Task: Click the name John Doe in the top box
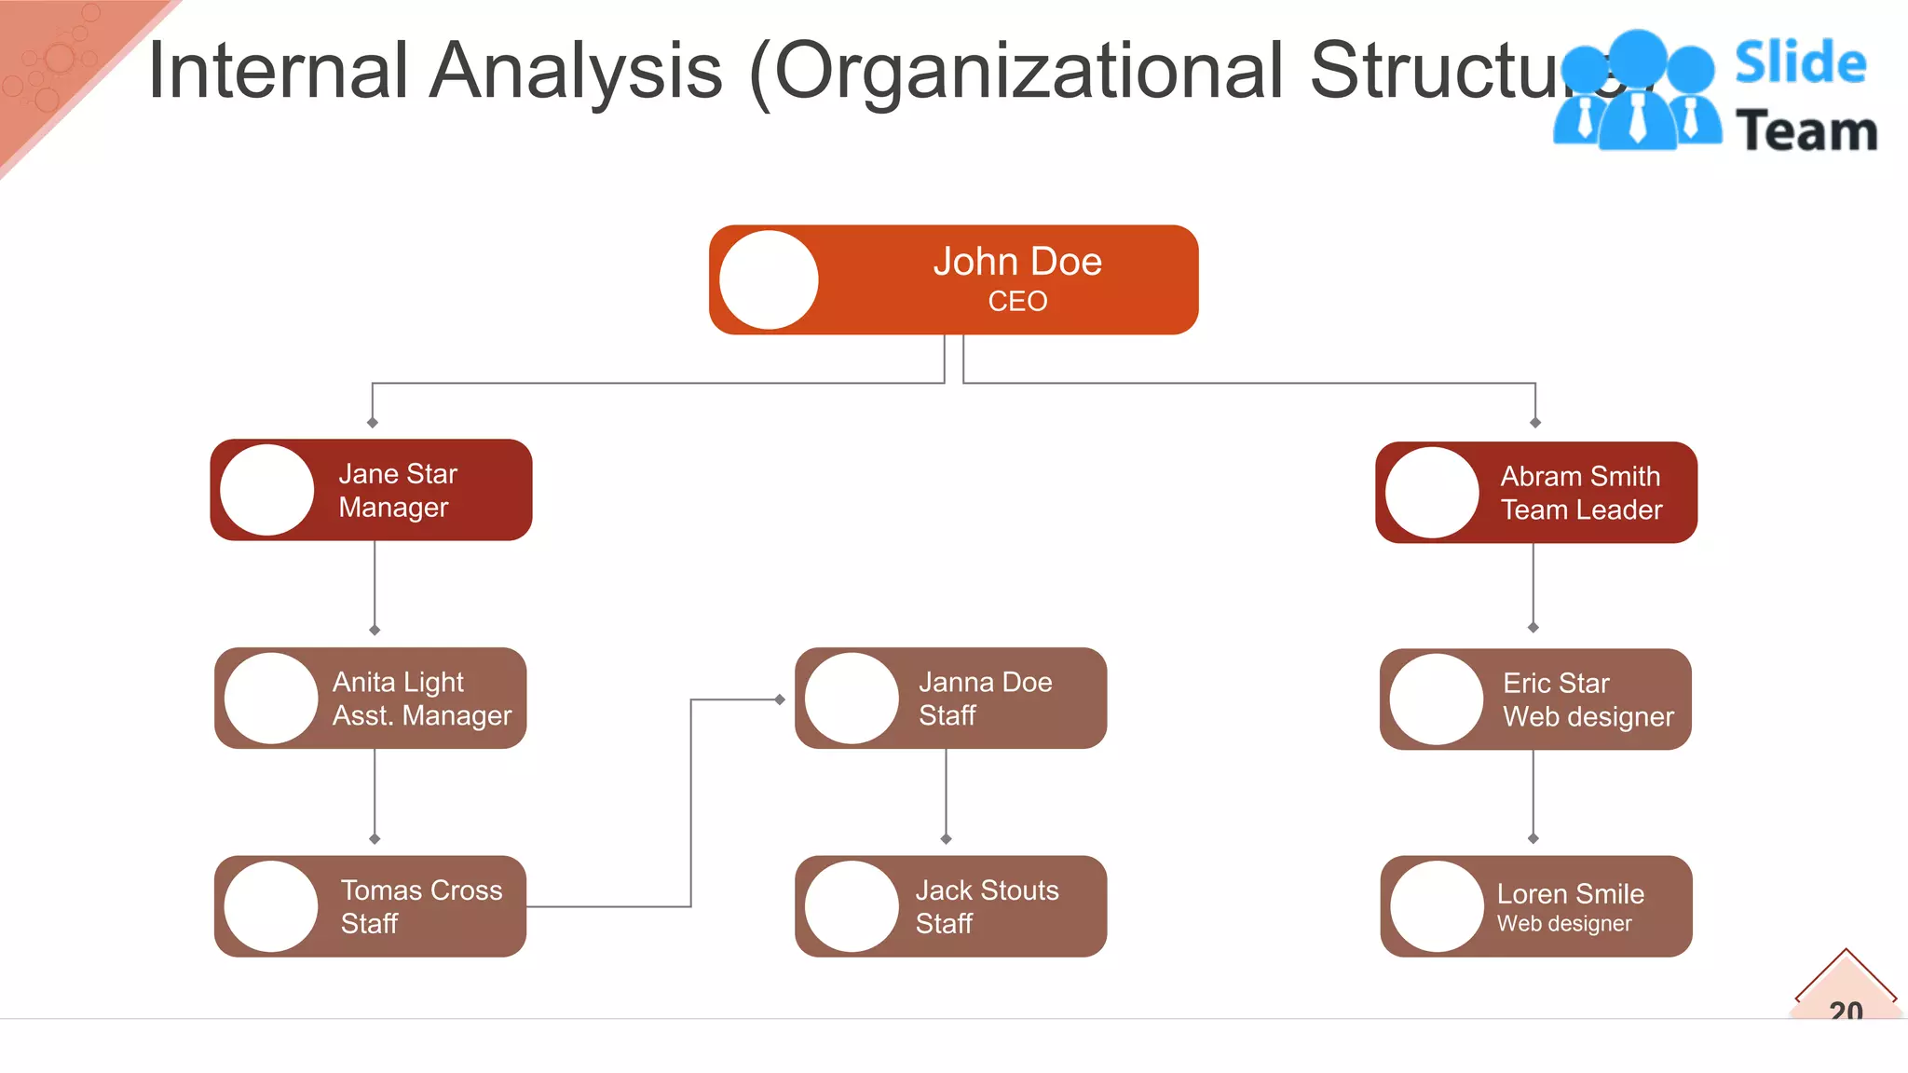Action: tap(1017, 262)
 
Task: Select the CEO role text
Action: tap(1017, 302)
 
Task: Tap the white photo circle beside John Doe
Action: tap(770, 280)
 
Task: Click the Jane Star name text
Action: tap(398, 474)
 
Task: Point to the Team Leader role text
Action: tap(1581, 510)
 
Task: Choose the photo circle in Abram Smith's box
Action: tap(1432, 493)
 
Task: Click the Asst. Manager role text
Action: tap(422, 716)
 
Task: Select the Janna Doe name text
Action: tap(985, 683)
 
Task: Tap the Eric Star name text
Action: tap(1556, 684)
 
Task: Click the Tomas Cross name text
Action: tap(421, 890)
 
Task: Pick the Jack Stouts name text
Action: tap(987, 890)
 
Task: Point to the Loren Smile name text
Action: tap(1570, 894)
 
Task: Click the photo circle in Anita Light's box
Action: tap(271, 699)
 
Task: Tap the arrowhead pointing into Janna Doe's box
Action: tap(780, 699)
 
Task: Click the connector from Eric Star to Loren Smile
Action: tap(1533, 794)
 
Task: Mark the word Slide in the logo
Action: tap(1800, 62)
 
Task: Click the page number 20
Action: tap(1846, 1010)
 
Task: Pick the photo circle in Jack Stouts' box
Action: tap(852, 906)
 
